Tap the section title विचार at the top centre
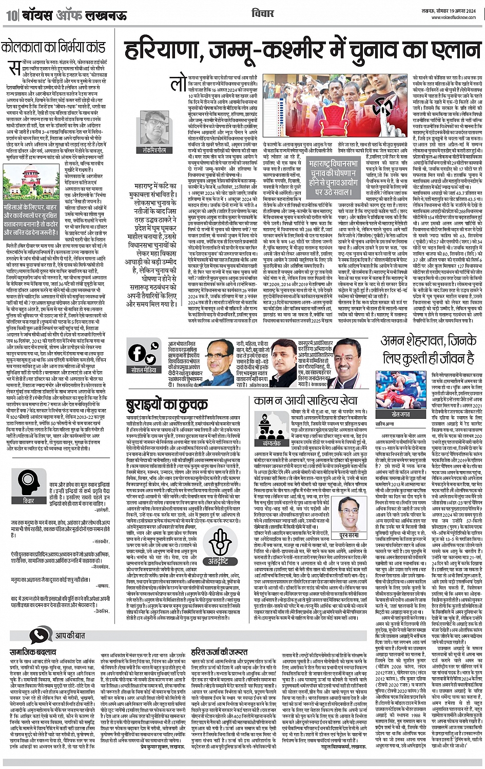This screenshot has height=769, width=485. (263, 12)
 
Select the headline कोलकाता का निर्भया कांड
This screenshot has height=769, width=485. (53, 48)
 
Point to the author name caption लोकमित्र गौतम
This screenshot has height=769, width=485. (154, 150)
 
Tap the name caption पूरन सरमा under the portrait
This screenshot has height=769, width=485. (349, 534)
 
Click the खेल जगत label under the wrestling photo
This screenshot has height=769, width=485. (401, 413)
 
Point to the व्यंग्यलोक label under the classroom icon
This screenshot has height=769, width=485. (271, 442)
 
